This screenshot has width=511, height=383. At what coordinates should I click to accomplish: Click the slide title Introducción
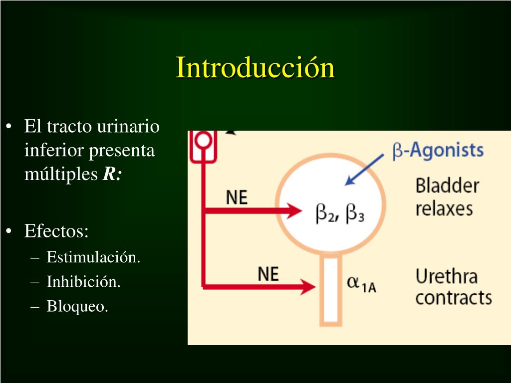(x=255, y=68)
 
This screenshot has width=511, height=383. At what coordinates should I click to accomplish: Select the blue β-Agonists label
(x=438, y=151)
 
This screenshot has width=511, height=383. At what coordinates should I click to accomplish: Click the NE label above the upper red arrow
(x=237, y=197)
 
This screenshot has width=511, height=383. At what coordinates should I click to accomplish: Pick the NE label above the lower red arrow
(x=268, y=274)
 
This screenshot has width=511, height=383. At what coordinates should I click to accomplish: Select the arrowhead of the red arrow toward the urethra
(x=308, y=287)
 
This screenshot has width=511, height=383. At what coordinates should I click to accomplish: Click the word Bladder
(x=447, y=186)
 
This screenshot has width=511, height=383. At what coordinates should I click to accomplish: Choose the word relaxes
(x=444, y=208)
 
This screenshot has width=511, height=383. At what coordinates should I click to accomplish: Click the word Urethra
(x=446, y=276)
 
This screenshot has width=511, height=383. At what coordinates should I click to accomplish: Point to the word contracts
(x=453, y=298)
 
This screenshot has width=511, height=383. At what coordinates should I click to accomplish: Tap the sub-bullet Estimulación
(x=93, y=257)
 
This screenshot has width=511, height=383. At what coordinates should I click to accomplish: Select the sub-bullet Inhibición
(x=83, y=282)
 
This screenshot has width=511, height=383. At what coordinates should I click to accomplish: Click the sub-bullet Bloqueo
(x=77, y=306)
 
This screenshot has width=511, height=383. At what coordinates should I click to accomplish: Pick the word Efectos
(x=56, y=231)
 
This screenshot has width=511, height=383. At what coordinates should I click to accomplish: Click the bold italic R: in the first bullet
(x=112, y=175)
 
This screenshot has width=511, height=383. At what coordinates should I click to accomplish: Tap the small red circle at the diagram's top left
(x=203, y=140)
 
